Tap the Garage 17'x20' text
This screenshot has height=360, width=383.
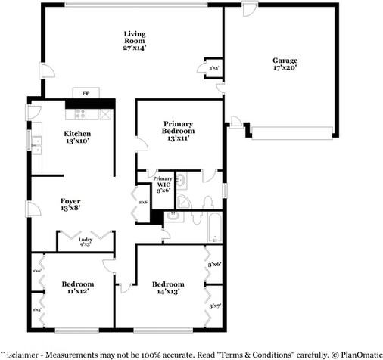[285, 64]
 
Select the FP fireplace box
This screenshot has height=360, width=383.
[85, 94]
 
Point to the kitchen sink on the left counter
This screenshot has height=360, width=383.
[36, 143]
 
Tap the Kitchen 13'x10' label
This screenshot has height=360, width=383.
[76, 137]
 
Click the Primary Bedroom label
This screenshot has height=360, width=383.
[178, 131]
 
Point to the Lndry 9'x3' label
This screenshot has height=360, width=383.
[86, 242]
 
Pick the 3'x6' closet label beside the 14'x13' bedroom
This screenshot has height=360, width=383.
[213, 264]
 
